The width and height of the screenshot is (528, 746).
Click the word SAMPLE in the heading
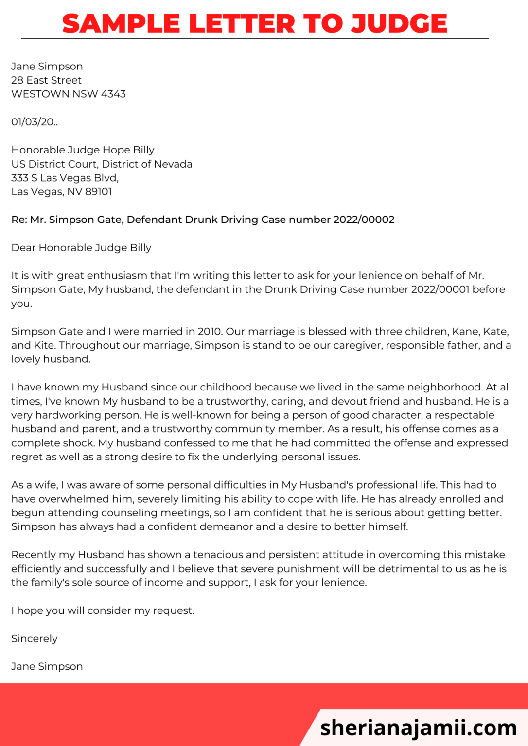[121, 23]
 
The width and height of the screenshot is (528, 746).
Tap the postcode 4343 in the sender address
[113, 94]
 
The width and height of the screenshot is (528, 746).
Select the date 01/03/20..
[34, 122]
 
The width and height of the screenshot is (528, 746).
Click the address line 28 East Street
[46, 80]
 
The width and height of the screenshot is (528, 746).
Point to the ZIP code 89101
[98, 191]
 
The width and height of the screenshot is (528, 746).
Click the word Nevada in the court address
[173, 164]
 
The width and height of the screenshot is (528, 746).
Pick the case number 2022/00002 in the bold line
[364, 220]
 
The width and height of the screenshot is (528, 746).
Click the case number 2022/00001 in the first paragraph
[440, 289]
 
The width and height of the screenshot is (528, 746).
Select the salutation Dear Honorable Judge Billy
[81, 248]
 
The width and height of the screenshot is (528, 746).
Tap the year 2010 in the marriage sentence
[210, 332]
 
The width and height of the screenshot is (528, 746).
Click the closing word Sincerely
[34, 638]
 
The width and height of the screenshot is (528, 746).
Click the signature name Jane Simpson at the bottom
[47, 666]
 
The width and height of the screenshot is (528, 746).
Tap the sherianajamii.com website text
[419, 727]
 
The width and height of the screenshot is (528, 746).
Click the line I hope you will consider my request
[103, 610]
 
